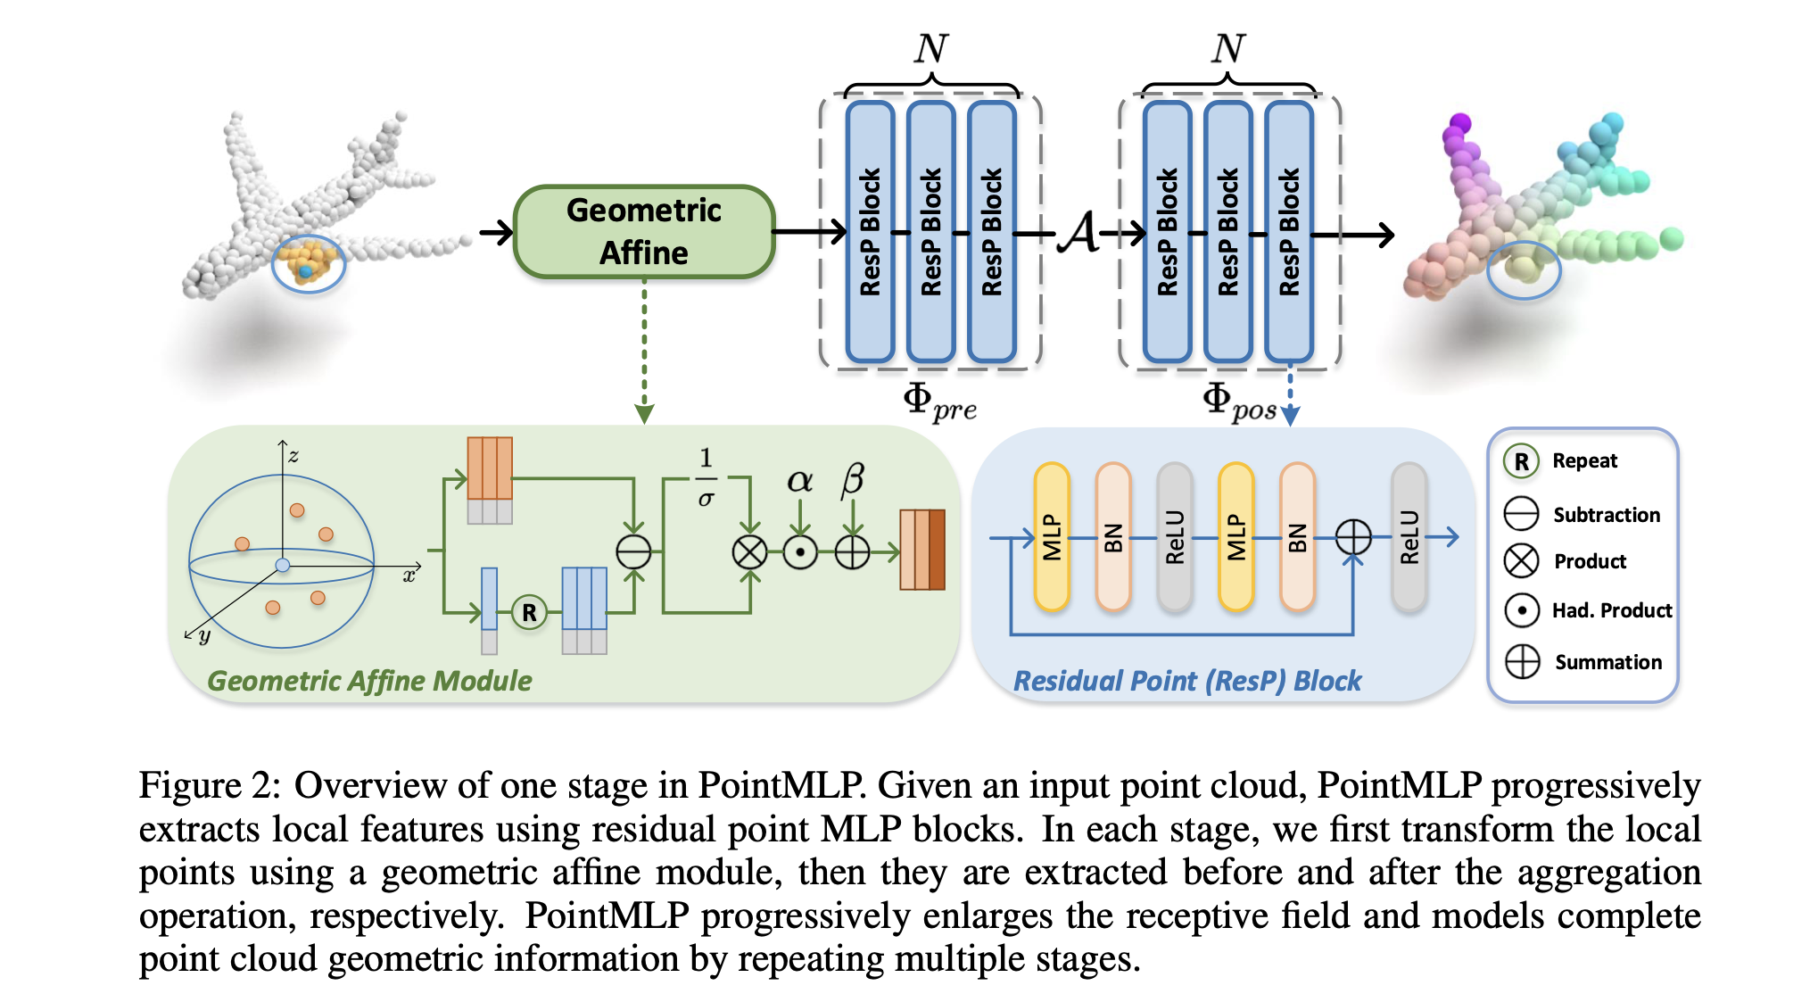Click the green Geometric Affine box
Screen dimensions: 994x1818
644,232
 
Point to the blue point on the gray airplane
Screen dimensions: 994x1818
306,270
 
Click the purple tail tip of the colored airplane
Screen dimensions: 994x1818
1459,123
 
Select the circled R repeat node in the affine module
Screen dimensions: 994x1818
529,613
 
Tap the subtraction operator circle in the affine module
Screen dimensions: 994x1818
633,552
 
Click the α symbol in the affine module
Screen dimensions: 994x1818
799,481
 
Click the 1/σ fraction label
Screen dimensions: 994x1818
706,477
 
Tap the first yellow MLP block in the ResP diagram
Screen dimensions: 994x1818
1052,536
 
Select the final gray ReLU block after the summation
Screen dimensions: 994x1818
1409,536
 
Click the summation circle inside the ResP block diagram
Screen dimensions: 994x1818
1353,537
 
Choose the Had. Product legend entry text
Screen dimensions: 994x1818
1611,610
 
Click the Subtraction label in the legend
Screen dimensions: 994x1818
1606,515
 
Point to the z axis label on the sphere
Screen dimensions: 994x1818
293,456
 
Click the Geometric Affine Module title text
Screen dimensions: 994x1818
369,681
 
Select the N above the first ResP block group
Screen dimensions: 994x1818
930,48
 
